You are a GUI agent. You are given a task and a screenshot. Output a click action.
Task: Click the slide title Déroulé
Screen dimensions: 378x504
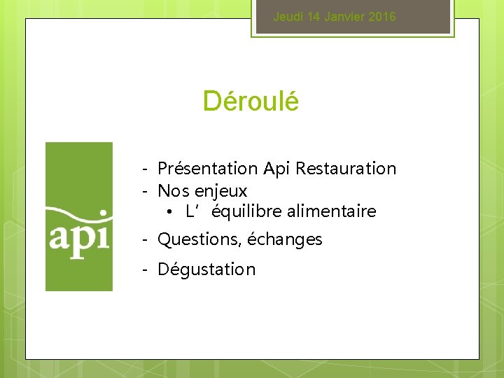coord(251,101)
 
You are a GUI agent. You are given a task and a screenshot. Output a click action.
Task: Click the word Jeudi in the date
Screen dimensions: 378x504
coord(286,17)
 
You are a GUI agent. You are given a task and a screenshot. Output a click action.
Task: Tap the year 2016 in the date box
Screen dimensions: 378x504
coord(381,17)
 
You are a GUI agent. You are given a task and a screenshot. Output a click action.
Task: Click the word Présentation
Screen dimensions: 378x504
coord(208,169)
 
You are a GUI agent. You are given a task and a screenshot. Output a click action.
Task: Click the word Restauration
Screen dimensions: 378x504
coord(346,169)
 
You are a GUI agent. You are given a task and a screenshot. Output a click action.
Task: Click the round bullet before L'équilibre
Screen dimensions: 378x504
coord(171,211)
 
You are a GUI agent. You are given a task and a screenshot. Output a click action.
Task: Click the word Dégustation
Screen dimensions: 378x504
coord(206,269)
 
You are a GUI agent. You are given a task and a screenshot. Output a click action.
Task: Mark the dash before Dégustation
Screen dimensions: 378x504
coord(143,269)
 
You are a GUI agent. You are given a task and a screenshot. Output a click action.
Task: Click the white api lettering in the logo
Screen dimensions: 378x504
coord(79,238)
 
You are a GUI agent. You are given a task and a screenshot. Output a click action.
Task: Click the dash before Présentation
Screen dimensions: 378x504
coord(143,169)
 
